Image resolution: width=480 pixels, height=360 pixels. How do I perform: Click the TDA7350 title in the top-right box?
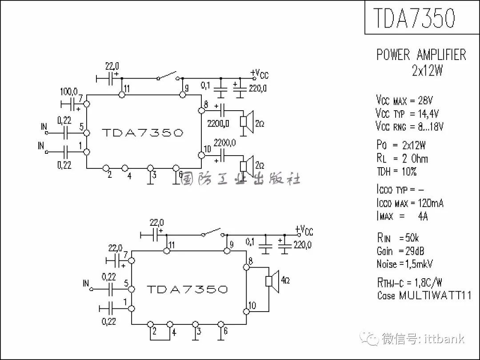(x=414, y=18)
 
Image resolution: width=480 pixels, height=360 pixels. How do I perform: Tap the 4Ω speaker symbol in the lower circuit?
(x=272, y=281)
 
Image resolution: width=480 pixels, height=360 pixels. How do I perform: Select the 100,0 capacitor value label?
(x=69, y=91)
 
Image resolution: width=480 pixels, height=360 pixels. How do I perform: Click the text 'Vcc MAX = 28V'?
(x=409, y=100)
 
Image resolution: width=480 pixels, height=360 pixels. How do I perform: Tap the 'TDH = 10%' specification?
(x=396, y=172)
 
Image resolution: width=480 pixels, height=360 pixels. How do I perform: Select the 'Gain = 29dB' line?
(x=400, y=251)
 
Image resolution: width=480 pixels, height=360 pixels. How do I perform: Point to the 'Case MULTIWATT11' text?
(x=424, y=295)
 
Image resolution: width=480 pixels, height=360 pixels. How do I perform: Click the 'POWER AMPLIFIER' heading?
(x=421, y=55)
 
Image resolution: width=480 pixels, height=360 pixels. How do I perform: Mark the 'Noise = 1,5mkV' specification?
(x=405, y=264)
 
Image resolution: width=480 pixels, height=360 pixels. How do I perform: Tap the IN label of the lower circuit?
(x=86, y=283)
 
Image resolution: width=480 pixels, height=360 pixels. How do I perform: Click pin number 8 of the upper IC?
(x=206, y=105)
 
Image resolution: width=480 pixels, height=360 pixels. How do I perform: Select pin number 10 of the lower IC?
(x=252, y=305)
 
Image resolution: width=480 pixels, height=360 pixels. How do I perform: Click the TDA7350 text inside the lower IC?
(x=187, y=289)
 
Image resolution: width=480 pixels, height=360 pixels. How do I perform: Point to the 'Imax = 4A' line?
(x=402, y=216)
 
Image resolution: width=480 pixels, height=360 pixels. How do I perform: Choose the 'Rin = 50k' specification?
(x=398, y=238)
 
